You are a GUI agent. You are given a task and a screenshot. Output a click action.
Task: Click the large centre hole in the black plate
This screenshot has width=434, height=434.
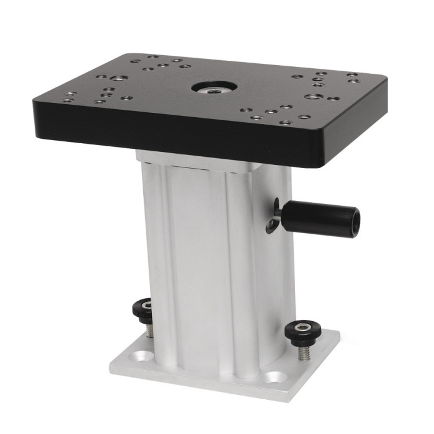click(x=213, y=88)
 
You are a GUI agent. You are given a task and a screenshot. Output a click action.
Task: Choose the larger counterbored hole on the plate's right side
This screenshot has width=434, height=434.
click(x=314, y=97)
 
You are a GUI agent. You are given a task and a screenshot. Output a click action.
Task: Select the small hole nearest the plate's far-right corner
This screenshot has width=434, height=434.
click(x=353, y=75)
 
